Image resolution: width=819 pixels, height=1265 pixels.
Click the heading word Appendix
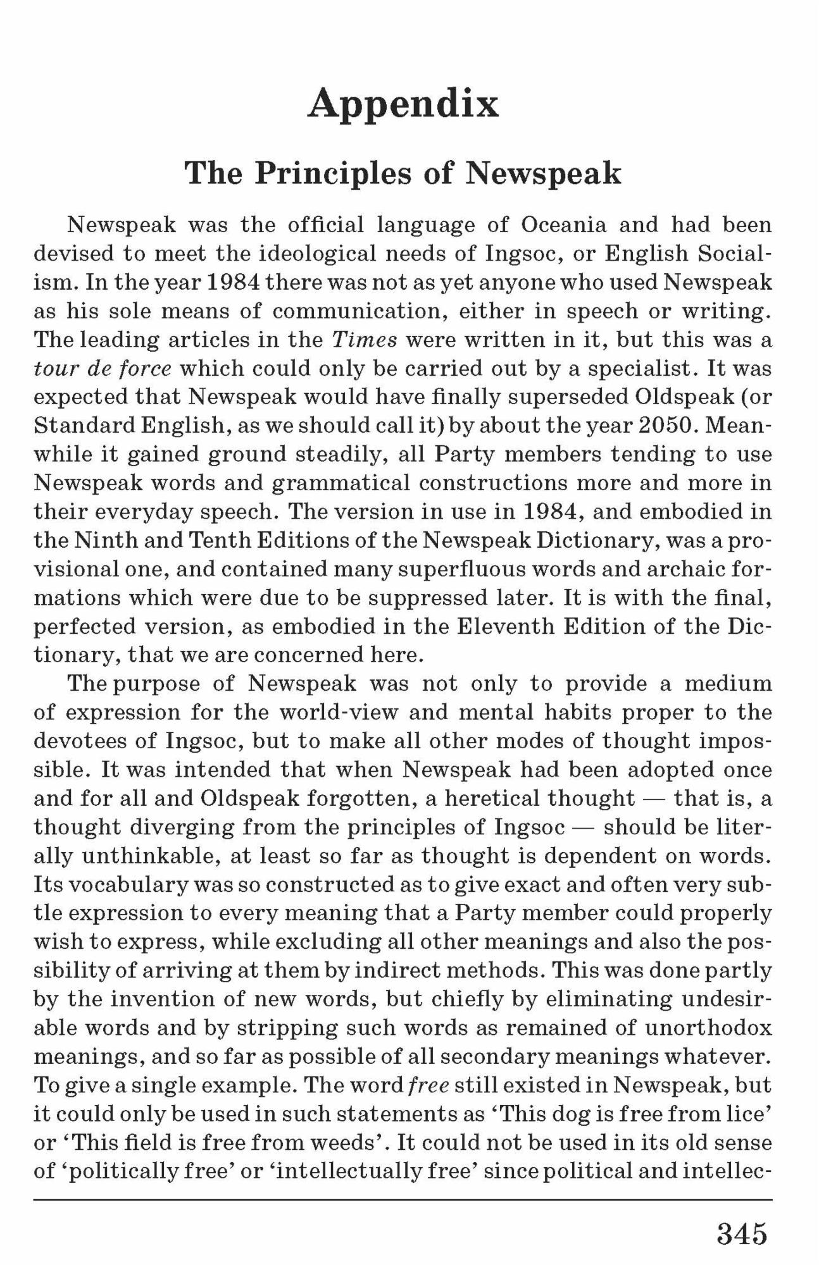click(404, 104)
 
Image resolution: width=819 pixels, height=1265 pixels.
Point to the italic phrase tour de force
click(103, 368)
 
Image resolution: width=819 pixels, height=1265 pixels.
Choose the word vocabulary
click(128, 884)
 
